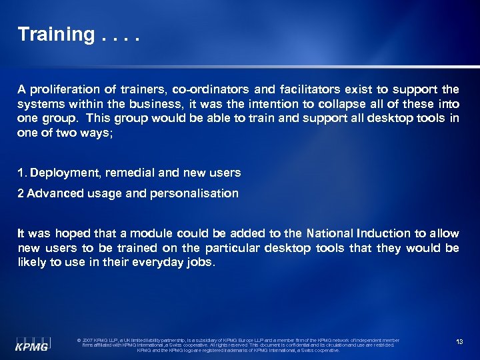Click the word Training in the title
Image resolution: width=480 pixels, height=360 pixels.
pos(56,35)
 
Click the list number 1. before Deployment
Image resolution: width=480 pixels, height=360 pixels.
pos(22,173)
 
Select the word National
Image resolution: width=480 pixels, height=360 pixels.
pos(329,233)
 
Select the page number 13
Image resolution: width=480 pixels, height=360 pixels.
pos(459,342)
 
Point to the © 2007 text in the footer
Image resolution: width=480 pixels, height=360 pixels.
pos(87,341)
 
